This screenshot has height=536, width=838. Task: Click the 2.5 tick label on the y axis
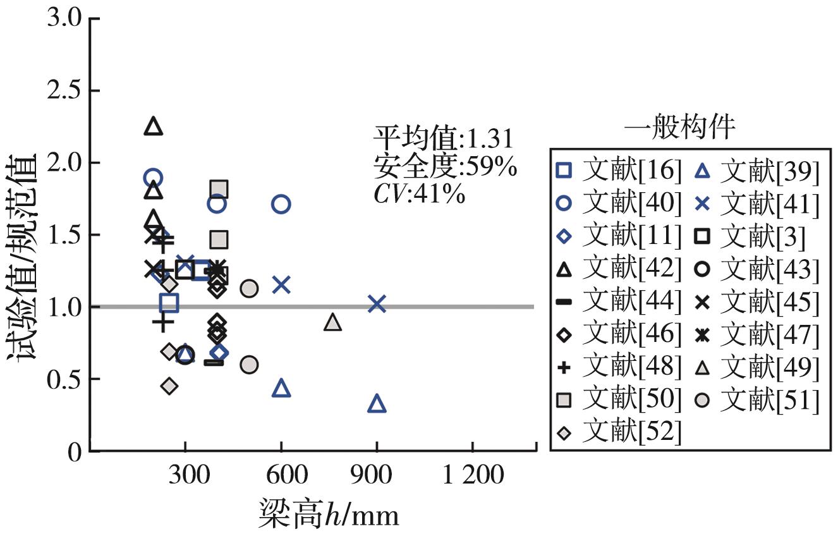coord(65,90)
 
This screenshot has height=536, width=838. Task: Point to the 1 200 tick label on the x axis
coord(472,474)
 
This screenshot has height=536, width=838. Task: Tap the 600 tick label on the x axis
coord(281,474)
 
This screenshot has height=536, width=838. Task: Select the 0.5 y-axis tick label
coord(65,379)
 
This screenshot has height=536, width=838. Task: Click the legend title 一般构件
coord(679,128)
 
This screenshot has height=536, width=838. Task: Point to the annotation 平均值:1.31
coord(442,138)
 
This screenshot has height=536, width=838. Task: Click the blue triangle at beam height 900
coord(377,403)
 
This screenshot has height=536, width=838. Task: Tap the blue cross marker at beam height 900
coord(377,304)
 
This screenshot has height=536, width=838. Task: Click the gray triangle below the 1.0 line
coord(333,322)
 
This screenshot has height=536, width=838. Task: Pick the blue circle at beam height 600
coord(281,204)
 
